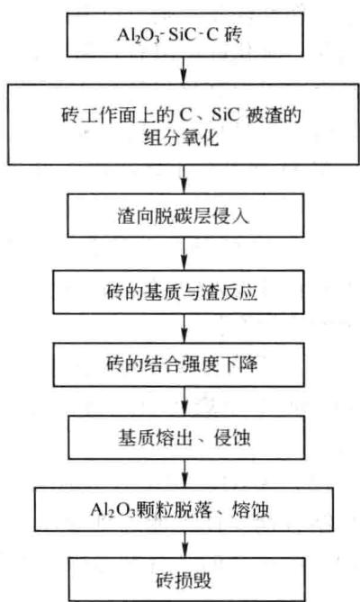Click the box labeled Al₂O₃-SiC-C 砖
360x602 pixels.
pos(185,35)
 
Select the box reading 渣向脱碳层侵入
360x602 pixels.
pos(185,215)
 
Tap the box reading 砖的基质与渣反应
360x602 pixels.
pos(178,292)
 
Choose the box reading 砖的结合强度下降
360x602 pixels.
pos(179,364)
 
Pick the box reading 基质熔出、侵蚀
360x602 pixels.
pos(186,437)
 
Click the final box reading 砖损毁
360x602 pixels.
pos(187,580)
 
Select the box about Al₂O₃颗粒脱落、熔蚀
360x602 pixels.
pos(184,509)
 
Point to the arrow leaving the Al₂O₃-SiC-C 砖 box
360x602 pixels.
pos(184,70)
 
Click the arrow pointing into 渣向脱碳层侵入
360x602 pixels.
pos(184,179)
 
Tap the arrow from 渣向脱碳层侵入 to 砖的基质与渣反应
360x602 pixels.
pos(184,254)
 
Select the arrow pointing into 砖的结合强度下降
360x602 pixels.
pos(184,328)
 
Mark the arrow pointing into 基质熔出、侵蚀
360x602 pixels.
pos(185,400)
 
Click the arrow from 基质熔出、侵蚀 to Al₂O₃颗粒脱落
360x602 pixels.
pos(185,473)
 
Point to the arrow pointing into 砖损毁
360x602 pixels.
pos(185,544)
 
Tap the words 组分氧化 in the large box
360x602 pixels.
pos(181,137)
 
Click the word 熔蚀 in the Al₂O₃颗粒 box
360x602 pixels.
pos(250,510)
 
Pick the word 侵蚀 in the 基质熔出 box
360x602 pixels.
pos(232,437)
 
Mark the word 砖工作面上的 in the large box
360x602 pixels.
pos(118,114)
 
